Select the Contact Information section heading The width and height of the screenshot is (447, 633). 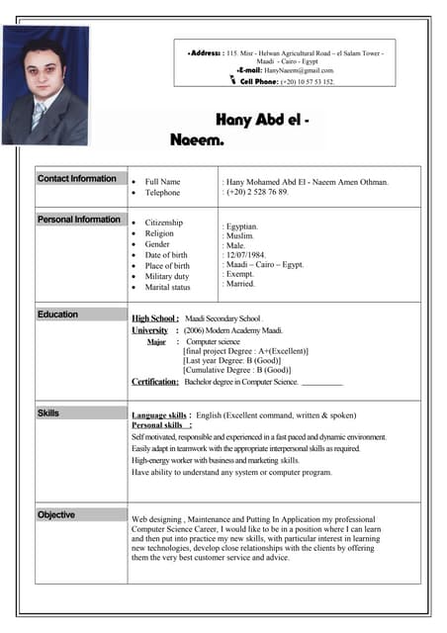point(77,178)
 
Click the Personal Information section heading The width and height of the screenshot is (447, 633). point(79,219)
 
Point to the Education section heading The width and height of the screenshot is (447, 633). point(58,314)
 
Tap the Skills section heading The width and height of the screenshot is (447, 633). point(48,412)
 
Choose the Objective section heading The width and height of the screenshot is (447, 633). point(56,514)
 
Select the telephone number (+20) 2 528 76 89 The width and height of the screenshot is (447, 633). point(258,192)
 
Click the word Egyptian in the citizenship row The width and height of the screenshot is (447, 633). point(243,226)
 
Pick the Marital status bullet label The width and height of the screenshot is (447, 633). point(167,288)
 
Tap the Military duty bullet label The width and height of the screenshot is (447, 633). point(167,277)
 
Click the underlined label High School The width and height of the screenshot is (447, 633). point(155,318)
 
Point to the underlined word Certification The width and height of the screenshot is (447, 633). point(155,382)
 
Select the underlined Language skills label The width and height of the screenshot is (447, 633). point(160,415)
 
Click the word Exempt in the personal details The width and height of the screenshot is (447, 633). point(241,274)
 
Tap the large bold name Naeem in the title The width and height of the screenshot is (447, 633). point(196,141)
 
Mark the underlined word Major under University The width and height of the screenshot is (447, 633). point(156,341)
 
